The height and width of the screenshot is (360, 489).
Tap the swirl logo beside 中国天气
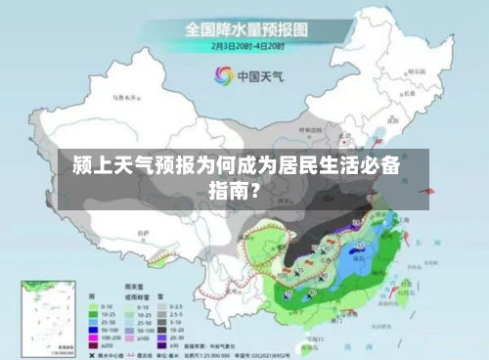coord(223,76)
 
